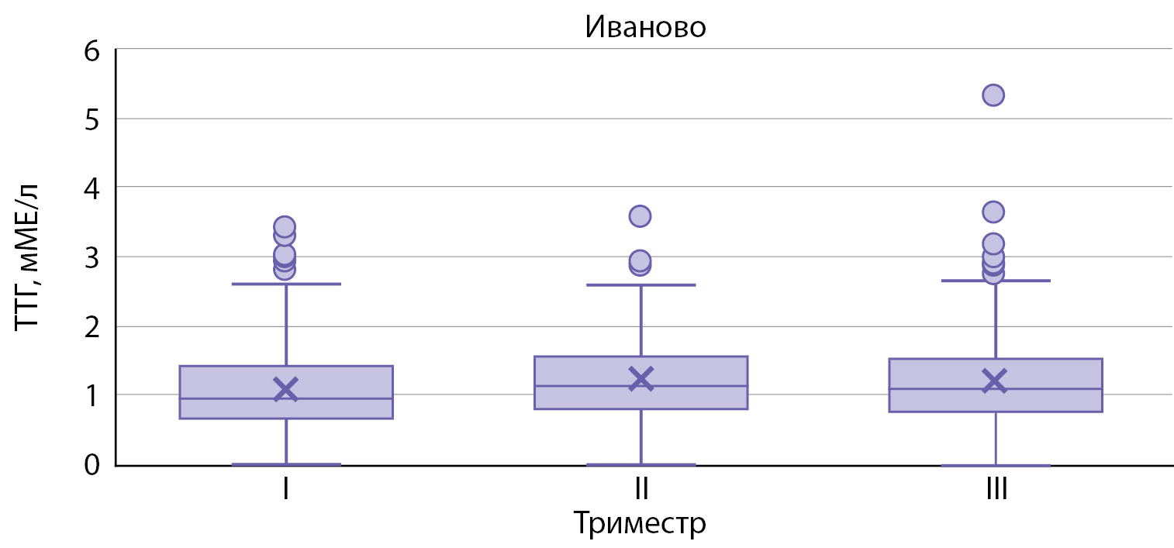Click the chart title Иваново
645,27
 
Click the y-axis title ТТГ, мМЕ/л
29,257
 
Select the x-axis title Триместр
641,523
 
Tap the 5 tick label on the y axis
93,119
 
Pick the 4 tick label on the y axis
93,188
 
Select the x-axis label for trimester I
286,490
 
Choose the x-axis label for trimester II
641,490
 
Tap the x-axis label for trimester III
995,490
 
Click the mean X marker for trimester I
286,388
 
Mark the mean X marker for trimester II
641,378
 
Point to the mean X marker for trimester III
994,381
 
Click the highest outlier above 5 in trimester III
993,95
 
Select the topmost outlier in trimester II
640,216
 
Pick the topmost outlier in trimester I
285,227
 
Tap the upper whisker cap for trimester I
286,284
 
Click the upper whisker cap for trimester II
641,285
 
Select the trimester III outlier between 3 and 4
993,212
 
